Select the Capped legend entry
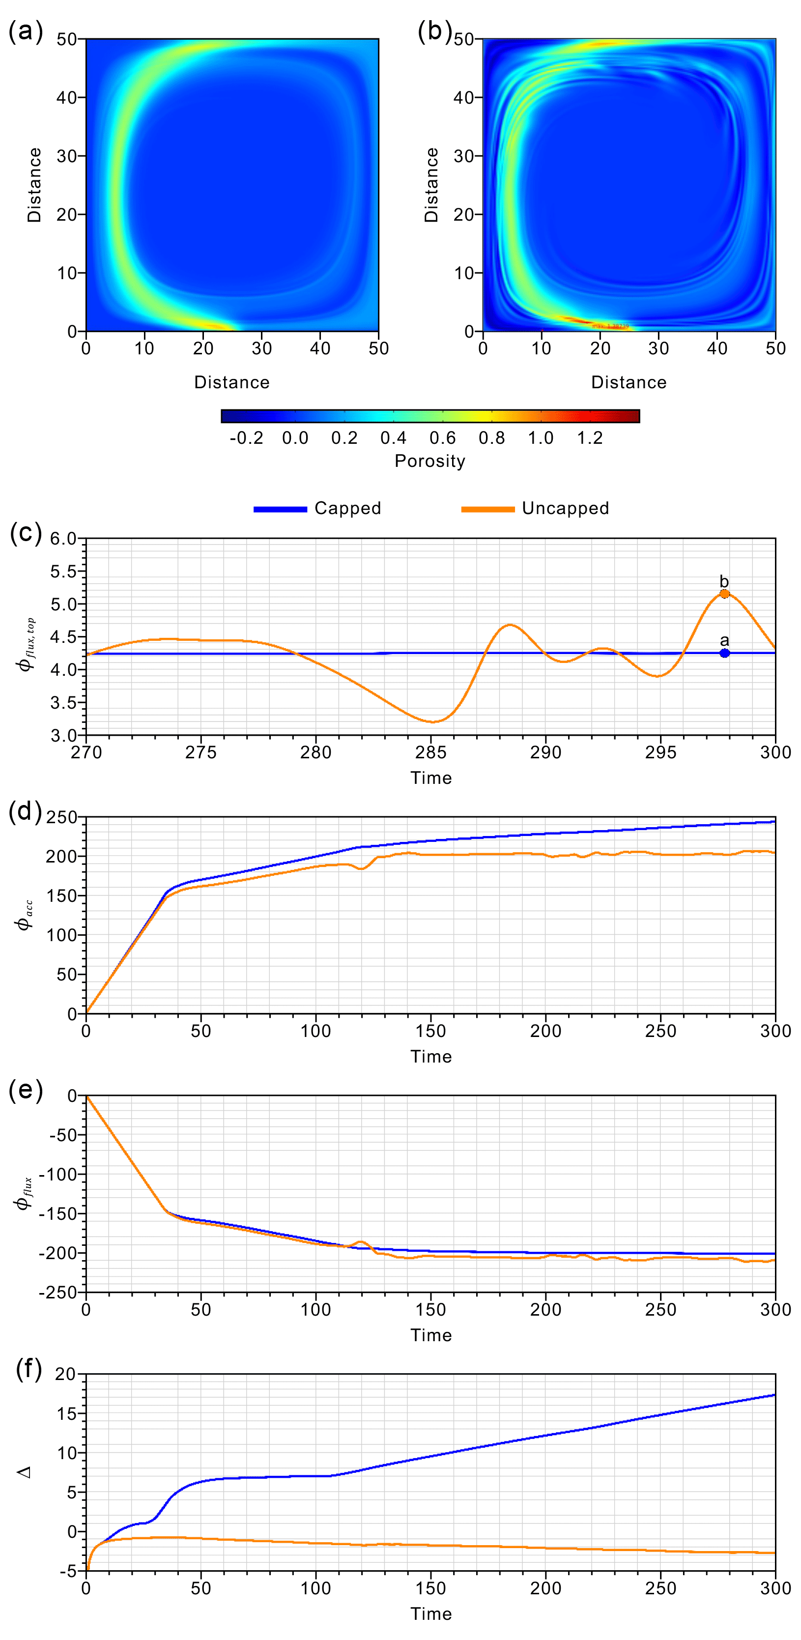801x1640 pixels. pyautogui.click(x=347, y=508)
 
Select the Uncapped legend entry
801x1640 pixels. pyautogui.click(x=565, y=508)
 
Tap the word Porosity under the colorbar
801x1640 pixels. pyautogui.click(x=430, y=460)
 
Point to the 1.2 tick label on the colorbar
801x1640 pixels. pyautogui.click(x=590, y=438)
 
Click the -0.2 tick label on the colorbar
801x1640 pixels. pyautogui.click(x=246, y=438)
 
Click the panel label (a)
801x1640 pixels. pyautogui.click(x=26, y=30)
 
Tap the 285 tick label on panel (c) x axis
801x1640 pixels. pyautogui.click(x=431, y=752)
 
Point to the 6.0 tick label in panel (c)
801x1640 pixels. pyautogui.click(x=64, y=539)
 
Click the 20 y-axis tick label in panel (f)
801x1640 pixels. pyautogui.click(x=65, y=1374)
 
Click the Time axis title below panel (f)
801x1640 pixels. pyautogui.click(x=431, y=1613)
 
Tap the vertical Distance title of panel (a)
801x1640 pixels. pyautogui.click(x=34, y=185)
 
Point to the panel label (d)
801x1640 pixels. pyautogui.click(x=26, y=812)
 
